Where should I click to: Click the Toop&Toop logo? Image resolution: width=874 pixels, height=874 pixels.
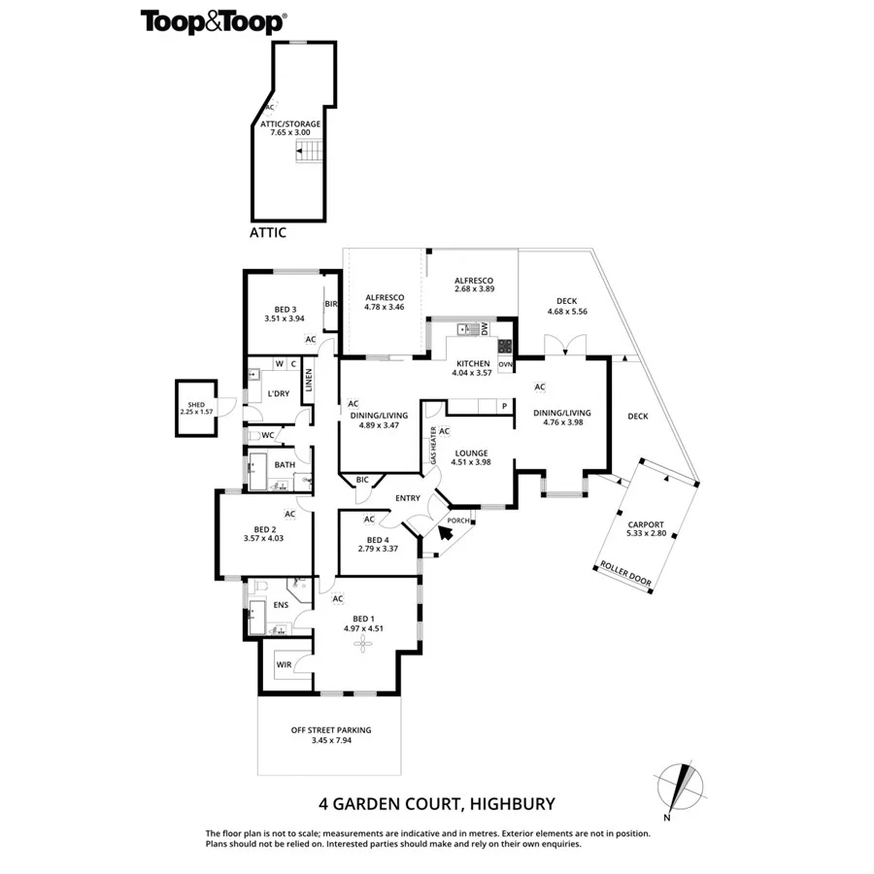(x=214, y=21)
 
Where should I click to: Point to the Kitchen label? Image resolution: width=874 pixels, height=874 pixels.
(x=471, y=368)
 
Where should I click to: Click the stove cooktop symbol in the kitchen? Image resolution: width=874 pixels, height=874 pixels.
(x=505, y=346)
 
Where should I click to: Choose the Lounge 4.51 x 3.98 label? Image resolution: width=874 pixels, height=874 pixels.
(x=470, y=457)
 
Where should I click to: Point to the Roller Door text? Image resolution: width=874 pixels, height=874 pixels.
(x=626, y=574)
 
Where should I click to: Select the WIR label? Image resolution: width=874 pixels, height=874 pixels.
(x=284, y=665)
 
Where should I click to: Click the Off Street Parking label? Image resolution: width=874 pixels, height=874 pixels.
(x=331, y=735)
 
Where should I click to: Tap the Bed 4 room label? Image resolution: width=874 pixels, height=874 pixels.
(x=378, y=545)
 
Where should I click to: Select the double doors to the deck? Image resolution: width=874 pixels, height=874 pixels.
(x=564, y=346)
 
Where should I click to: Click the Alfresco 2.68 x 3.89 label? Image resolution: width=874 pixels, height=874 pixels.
(x=475, y=284)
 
